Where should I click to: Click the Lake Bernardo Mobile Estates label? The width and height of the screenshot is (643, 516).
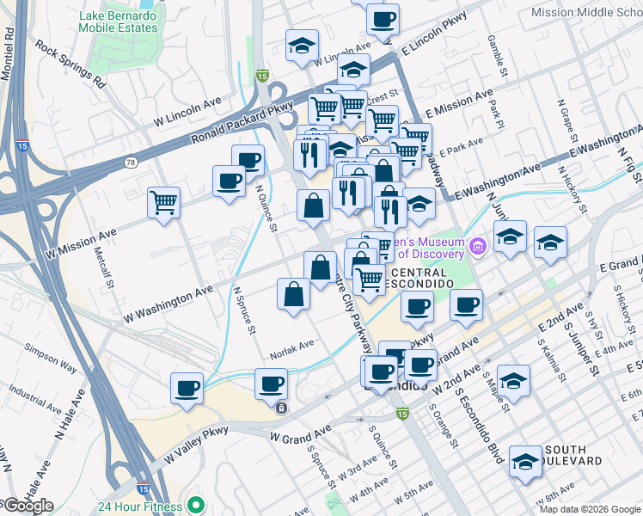[x=119, y=21]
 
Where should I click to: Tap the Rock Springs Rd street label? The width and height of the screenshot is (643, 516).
[x=70, y=68]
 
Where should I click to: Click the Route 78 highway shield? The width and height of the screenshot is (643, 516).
[x=131, y=162]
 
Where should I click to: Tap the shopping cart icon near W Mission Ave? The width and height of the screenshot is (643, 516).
[x=163, y=203]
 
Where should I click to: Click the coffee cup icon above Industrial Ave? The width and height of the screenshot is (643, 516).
[x=187, y=388]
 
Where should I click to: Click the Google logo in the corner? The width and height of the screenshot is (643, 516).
[x=28, y=506]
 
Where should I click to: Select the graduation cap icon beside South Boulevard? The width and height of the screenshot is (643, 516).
[x=524, y=462]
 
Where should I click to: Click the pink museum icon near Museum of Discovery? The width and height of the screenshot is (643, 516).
[x=479, y=249]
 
